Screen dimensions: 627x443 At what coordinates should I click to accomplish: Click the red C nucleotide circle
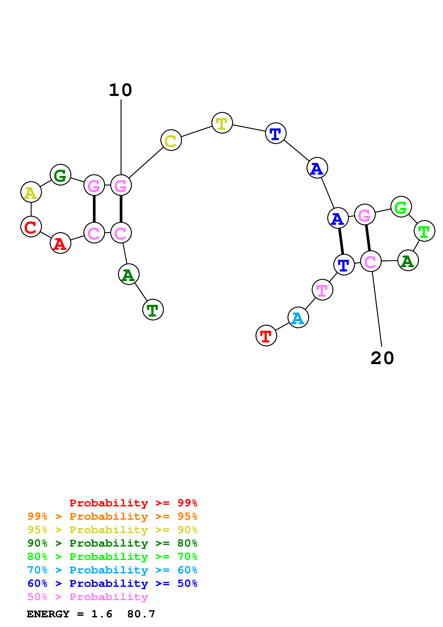coord(31,226)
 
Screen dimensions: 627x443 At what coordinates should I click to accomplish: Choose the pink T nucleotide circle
coord(322,290)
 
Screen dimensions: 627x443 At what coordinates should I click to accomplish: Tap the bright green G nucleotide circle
coord(401,207)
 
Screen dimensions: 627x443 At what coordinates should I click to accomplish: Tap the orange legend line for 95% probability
coord(112,516)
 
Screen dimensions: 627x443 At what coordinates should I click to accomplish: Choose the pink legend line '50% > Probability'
coord(88,597)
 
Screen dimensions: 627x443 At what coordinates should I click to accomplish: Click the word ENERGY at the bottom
coord(48,614)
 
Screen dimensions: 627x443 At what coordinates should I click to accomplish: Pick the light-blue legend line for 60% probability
coord(112,570)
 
